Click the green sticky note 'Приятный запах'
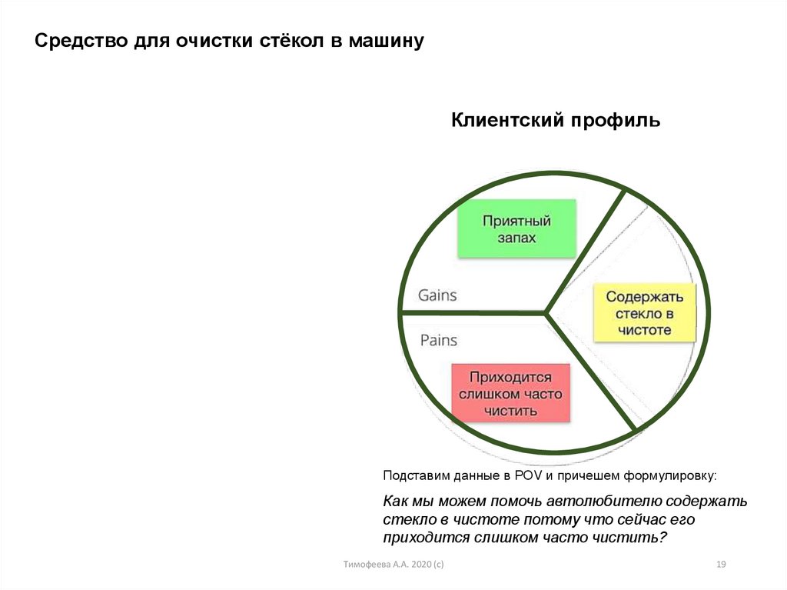pyautogui.click(x=516, y=228)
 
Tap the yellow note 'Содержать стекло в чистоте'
pyautogui.click(x=644, y=313)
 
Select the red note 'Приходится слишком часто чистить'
pyautogui.click(x=510, y=393)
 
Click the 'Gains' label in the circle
pyautogui.click(x=437, y=295)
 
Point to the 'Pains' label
pyautogui.click(x=439, y=340)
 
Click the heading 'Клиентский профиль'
pyautogui.click(x=555, y=121)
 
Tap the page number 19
pyautogui.click(x=721, y=565)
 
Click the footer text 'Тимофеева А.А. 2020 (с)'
pyautogui.click(x=393, y=565)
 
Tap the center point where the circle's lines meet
pyautogui.click(x=547, y=313)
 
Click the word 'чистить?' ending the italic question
pyautogui.click(x=634, y=537)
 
